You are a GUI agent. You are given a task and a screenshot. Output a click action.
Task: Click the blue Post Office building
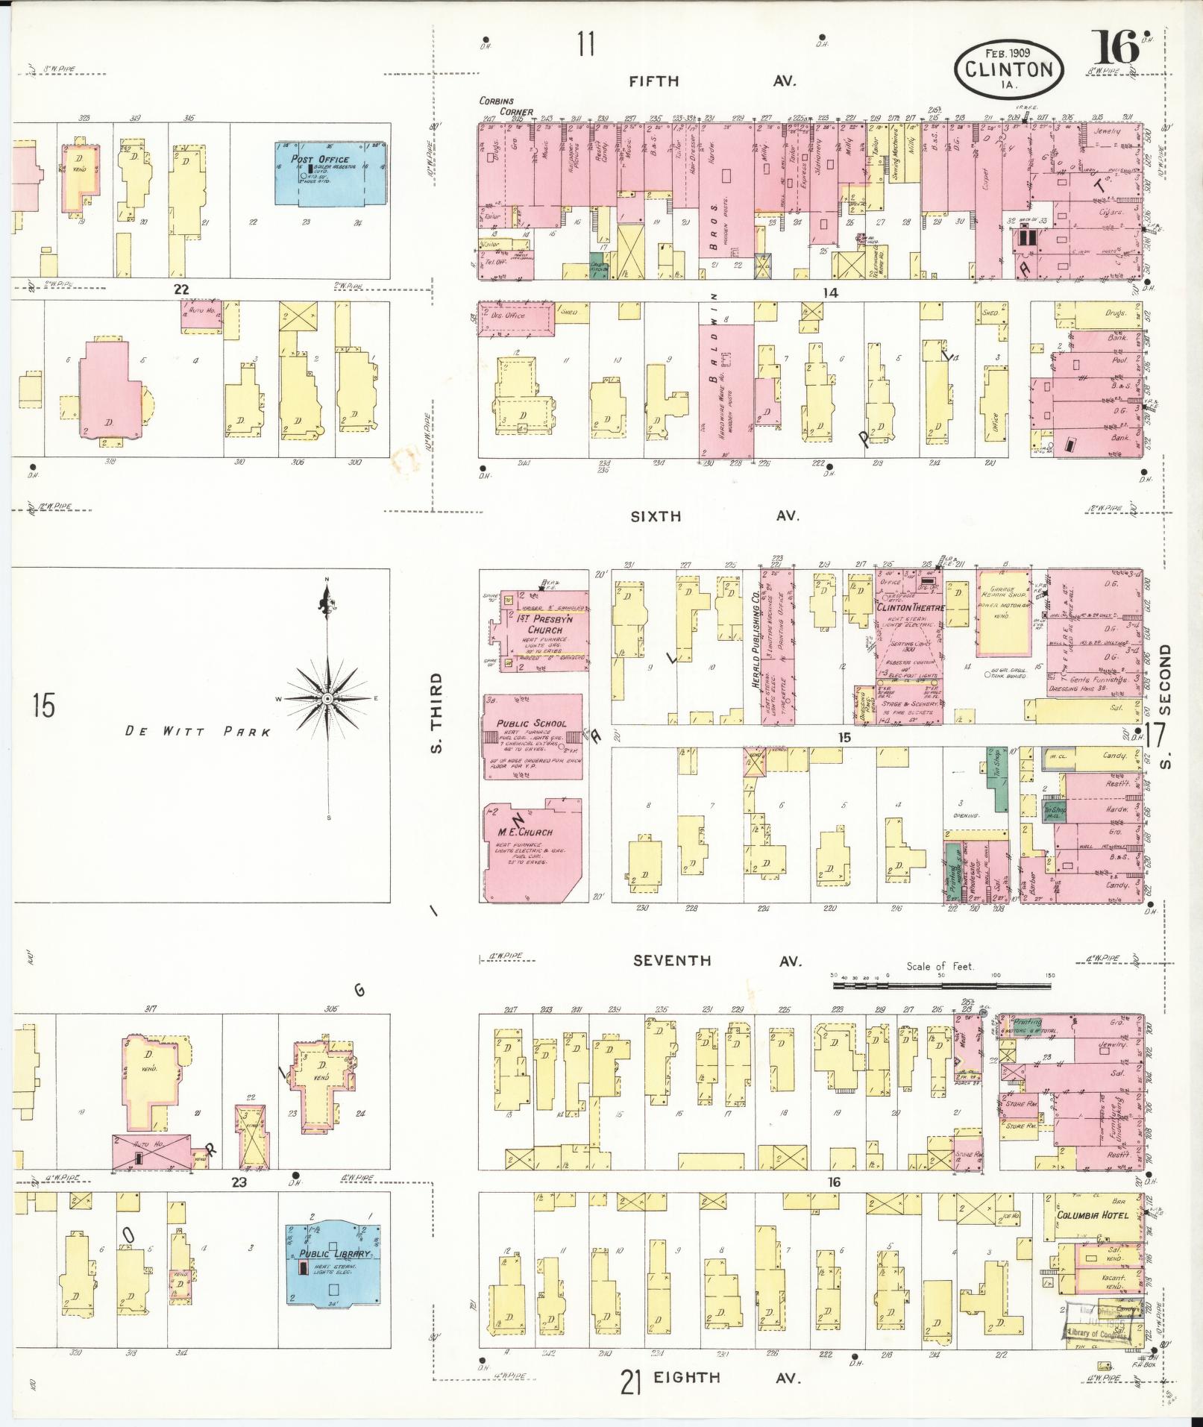[333, 173]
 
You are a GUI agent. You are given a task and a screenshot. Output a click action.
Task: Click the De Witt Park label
[198, 732]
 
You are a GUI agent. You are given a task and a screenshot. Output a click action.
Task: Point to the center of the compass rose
[327, 698]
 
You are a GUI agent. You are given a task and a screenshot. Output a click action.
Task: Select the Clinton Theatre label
[910, 607]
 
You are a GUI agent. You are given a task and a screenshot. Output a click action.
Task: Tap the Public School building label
[531, 723]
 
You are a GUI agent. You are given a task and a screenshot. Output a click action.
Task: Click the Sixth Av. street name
[714, 515]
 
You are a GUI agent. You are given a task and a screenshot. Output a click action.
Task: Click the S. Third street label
[438, 713]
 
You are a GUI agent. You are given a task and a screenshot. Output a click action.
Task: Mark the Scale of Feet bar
[941, 985]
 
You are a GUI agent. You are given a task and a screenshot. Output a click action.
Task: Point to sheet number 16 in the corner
[1116, 48]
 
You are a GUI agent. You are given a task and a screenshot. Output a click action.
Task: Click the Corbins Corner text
[506, 107]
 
